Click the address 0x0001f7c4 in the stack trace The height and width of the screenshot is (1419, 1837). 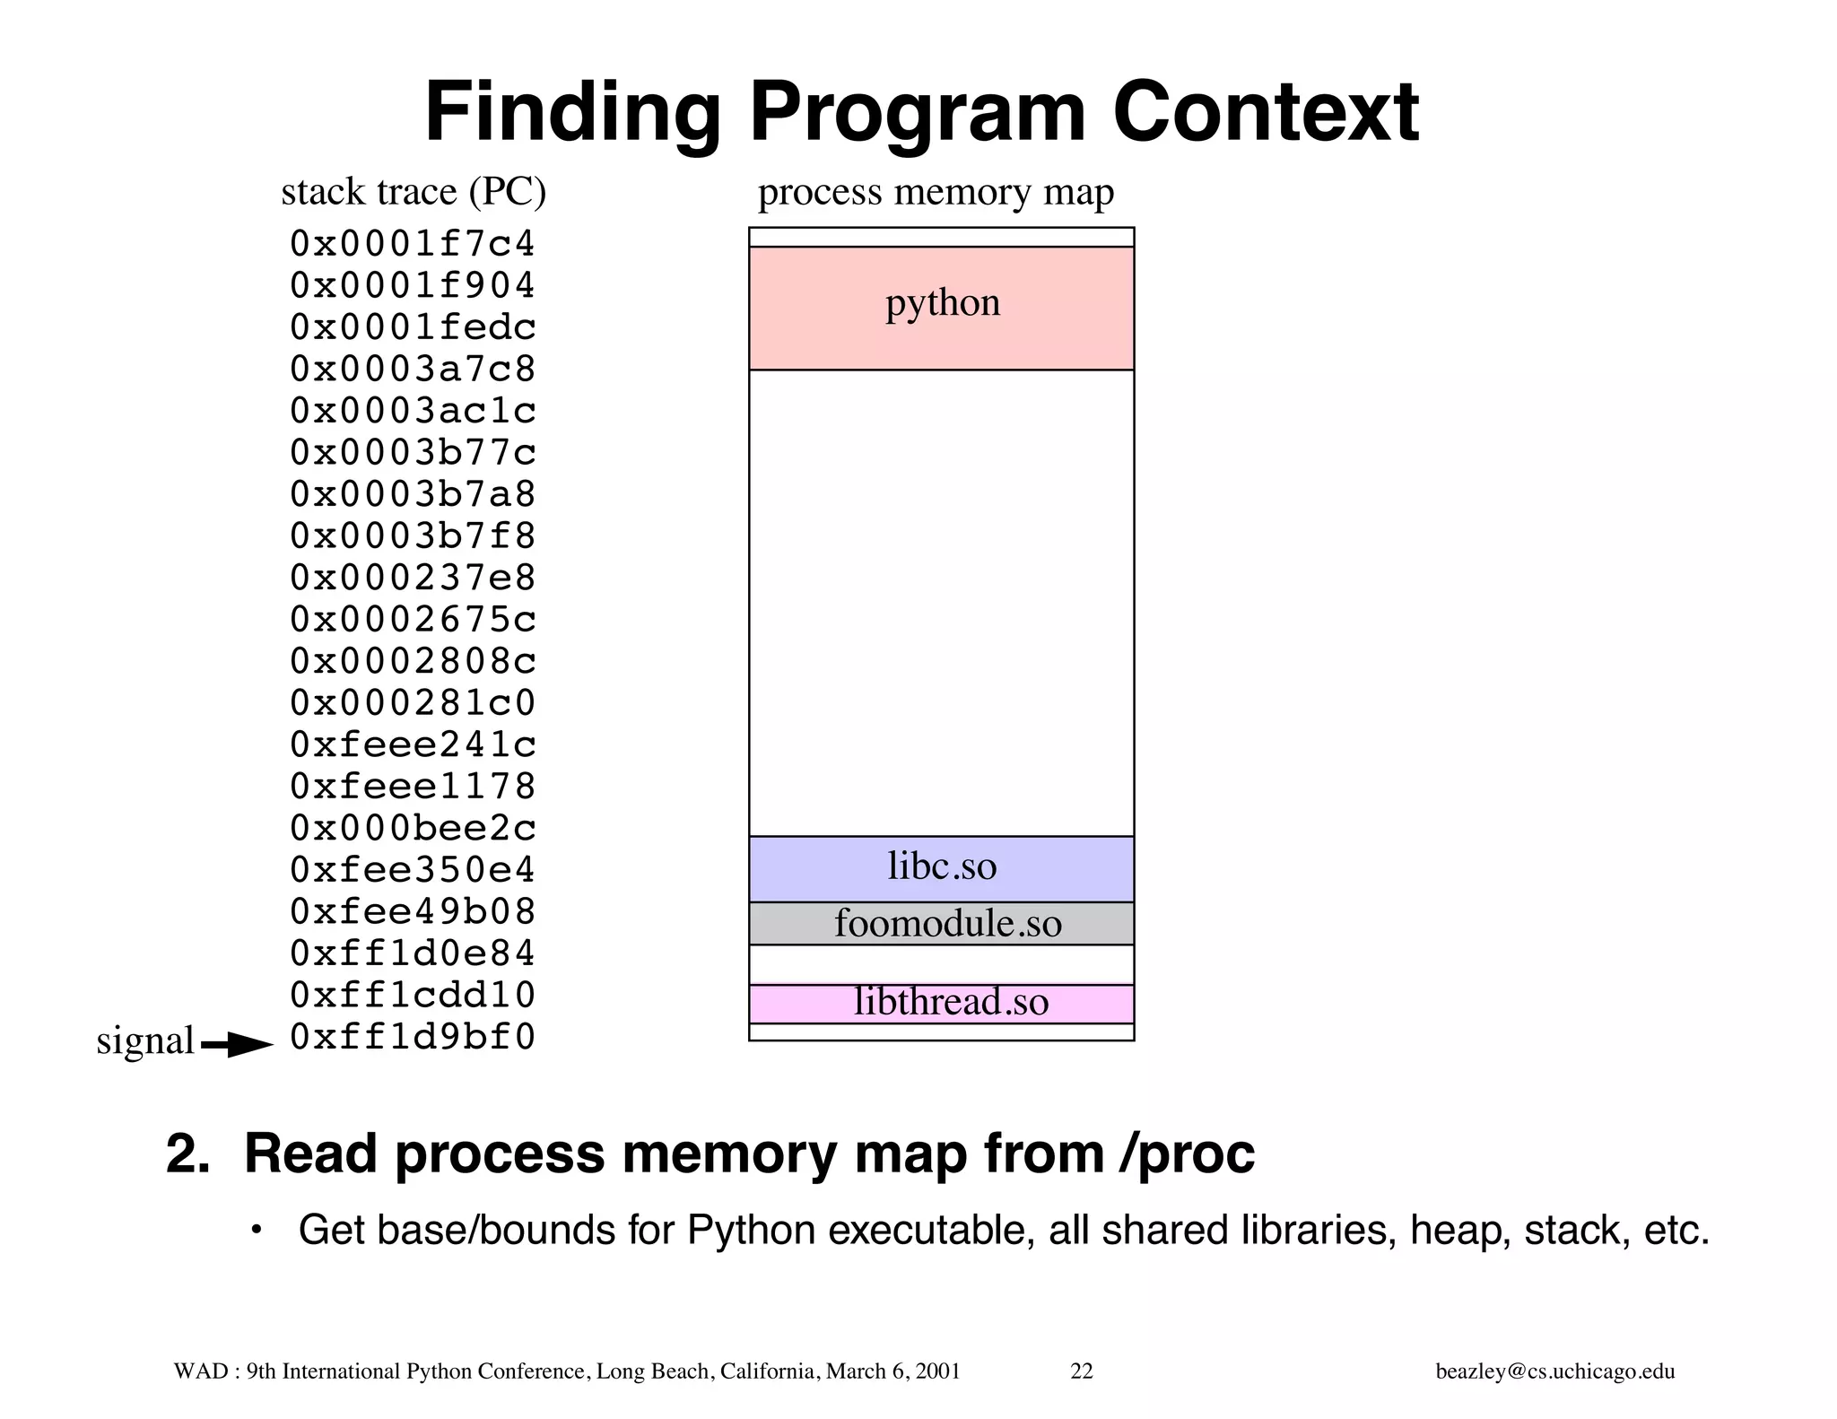[413, 244]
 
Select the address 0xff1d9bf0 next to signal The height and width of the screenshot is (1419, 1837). [413, 1038]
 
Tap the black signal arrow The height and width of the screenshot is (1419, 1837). [238, 1045]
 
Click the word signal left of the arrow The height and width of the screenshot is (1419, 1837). [144, 1040]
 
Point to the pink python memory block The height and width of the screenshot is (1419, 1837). [941, 308]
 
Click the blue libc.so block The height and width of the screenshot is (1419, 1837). [941, 868]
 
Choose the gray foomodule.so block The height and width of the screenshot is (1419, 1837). [941, 924]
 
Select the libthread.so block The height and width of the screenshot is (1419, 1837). [941, 1003]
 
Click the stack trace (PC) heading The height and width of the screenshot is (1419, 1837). [414, 192]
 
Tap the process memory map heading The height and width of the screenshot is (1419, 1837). [936, 192]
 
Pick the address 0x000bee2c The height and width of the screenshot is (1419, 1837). [413, 829]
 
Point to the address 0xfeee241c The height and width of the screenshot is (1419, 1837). [413, 745]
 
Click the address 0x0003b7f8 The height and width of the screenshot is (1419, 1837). [413, 536]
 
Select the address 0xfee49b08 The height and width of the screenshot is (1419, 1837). [413, 912]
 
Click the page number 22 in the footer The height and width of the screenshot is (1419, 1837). [1082, 1371]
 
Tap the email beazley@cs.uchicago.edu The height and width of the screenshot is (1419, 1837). [1554, 1371]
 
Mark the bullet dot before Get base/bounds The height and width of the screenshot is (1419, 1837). [257, 1230]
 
